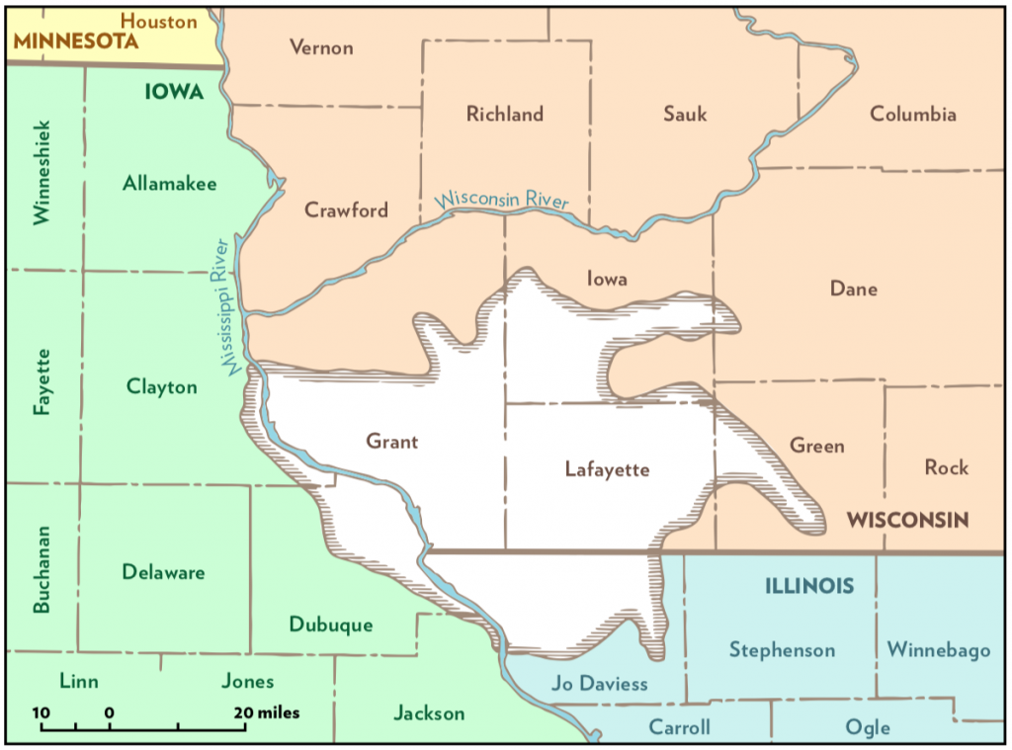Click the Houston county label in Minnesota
tap(158, 21)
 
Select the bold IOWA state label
tap(174, 92)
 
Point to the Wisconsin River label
tap(503, 199)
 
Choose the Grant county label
tap(391, 442)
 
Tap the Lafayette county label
tap(607, 469)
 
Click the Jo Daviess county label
tap(600, 684)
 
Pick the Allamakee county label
tap(170, 183)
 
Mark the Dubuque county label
tap(331, 625)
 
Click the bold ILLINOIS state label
tap(809, 586)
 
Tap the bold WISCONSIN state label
tap(907, 520)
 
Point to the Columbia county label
tap(912, 114)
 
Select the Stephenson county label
tap(782, 650)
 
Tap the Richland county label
tap(505, 114)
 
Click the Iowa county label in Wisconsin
tap(607, 279)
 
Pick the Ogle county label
tap(867, 728)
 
